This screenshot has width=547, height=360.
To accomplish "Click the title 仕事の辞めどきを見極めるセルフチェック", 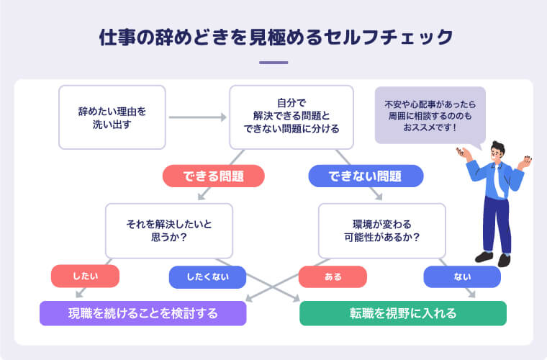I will pyautogui.click(x=273, y=37).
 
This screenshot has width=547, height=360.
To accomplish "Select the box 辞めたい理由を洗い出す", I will pyautogui.click(x=112, y=117).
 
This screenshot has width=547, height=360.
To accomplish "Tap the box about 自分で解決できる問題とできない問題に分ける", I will pyautogui.click(x=291, y=117).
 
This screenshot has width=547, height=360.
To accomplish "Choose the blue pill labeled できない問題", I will pyautogui.click(x=366, y=176).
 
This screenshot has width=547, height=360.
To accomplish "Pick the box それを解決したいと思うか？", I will pyautogui.click(x=169, y=230).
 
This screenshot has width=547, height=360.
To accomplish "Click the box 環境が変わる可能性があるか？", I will pyautogui.click(x=381, y=230).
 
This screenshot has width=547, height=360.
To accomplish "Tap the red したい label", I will pyautogui.click(x=85, y=276).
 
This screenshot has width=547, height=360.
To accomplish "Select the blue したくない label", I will pyautogui.click(x=207, y=276).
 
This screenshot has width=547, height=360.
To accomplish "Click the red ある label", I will pyautogui.click(x=333, y=276).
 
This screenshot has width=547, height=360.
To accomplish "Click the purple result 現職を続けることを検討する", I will pyautogui.click(x=143, y=313).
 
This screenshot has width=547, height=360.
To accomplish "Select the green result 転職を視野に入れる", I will pyautogui.click(x=403, y=313).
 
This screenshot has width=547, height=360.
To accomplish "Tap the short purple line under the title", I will pyautogui.click(x=273, y=63).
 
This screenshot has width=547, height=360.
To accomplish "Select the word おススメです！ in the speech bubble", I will pyautogui.click(x=430, y=128).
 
